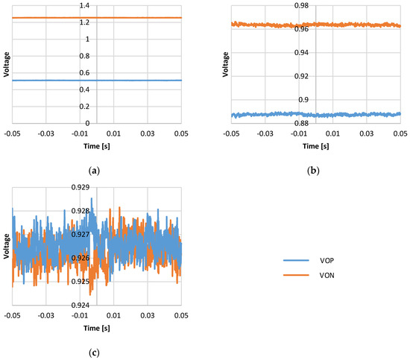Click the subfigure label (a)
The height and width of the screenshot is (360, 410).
click(x=94, y=171)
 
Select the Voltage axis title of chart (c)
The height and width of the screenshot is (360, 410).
click(x=6, y=245)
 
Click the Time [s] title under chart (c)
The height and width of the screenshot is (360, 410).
click(x=96, y=329)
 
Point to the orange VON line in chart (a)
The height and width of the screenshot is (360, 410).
click(x=134, y=18)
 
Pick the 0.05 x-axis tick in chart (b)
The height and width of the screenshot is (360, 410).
click(x=400, y=135)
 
